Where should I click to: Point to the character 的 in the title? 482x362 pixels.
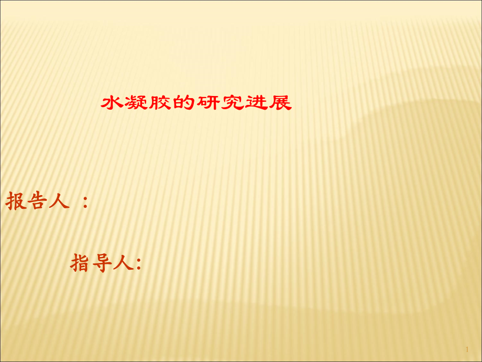pos(184,103)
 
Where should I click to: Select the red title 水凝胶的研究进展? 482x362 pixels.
pos(196,103)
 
